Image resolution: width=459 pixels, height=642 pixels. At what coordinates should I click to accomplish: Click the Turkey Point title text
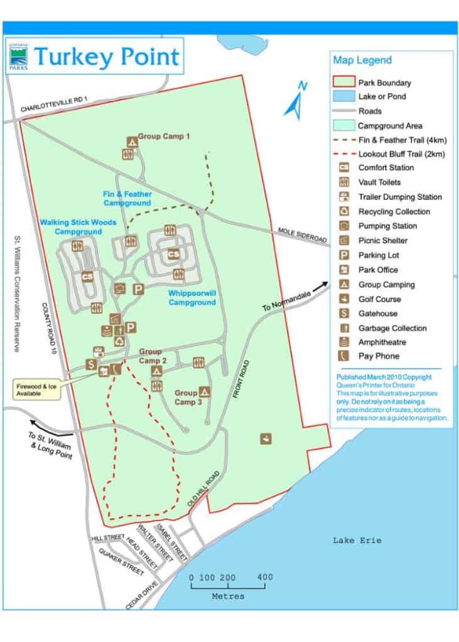click(x=107, y=56)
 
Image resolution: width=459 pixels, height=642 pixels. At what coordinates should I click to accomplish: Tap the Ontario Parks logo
click(x=18, y=58)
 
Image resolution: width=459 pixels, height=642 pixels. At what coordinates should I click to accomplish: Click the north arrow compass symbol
click(x=294, y=100)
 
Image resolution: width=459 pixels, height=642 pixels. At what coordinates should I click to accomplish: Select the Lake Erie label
click(x=357, y=540)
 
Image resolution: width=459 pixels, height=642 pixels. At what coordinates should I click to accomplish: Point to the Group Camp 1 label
click(x=164, y=135)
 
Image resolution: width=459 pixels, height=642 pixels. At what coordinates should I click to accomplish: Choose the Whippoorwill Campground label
click(x=192, y=297)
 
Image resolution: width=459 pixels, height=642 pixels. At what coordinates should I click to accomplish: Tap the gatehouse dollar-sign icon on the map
click(x=91, y=364)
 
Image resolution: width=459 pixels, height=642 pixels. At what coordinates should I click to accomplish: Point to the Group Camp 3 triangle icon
click(x=204, y=391)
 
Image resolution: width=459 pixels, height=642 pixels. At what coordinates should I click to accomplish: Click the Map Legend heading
click(x=362, y=60)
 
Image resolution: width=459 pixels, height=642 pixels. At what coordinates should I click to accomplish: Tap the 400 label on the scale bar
click(x=264, y=577)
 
